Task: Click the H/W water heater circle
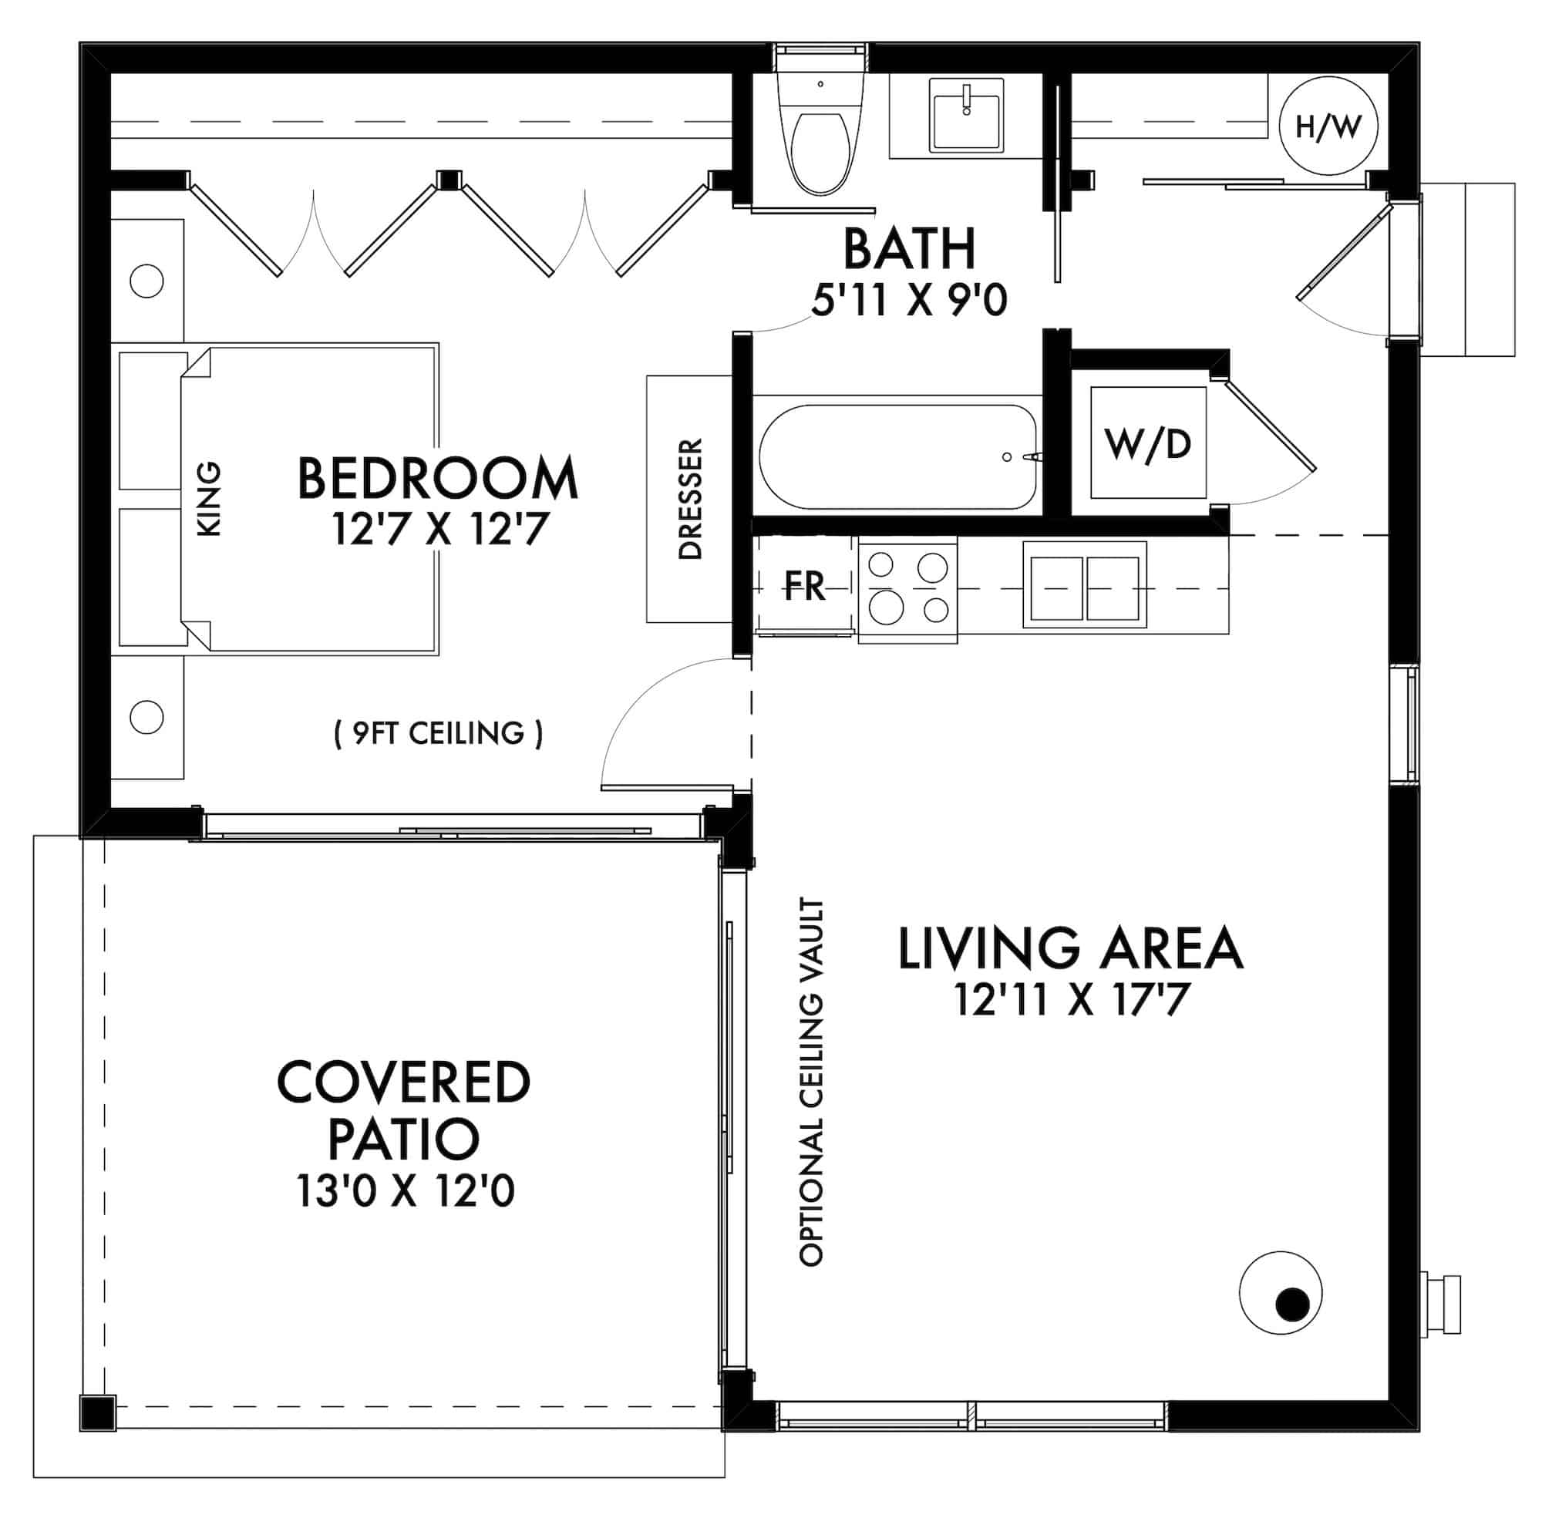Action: click(1328, 126)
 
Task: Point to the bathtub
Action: click(897, 456)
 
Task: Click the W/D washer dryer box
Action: click(1147, 443)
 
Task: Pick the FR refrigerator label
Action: click(804, 587)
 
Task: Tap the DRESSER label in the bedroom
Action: click(690, 499)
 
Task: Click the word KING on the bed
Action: click(208, 499)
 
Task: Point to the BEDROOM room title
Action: click(437, 479)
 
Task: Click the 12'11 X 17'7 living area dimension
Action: click(1071, 1000)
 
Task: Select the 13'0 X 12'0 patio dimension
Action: click(405, 1191)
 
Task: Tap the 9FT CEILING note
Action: click(438, 733)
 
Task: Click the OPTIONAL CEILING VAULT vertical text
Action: click(811, 1082)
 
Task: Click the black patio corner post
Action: click(98, 1413)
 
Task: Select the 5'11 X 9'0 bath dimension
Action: click(909, 301)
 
